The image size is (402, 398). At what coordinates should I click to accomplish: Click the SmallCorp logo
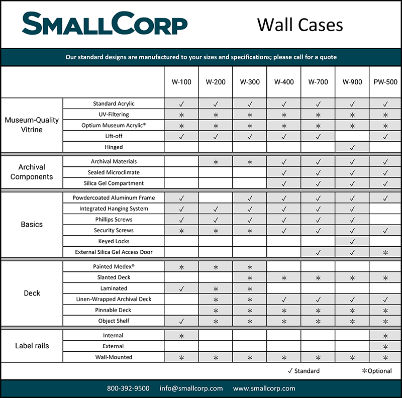105,24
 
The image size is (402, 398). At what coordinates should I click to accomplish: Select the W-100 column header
181,82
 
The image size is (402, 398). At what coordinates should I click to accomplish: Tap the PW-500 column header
385,82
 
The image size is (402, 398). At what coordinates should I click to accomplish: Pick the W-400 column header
284,82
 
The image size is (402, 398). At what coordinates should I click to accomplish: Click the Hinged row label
114,147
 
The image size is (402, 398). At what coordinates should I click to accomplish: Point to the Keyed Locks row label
114,241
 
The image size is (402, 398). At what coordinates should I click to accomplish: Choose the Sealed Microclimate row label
114,172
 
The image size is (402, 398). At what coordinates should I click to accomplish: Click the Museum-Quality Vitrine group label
32,125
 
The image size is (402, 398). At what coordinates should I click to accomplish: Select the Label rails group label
32,346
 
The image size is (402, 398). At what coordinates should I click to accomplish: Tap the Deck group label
32,293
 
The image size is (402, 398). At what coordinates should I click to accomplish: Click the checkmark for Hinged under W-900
352,147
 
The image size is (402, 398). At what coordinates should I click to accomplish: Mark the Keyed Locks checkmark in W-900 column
352,241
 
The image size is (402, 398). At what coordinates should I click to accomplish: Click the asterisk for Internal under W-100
181,335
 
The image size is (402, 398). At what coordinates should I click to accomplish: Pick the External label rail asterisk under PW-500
385,346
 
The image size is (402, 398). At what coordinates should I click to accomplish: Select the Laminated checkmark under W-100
181,288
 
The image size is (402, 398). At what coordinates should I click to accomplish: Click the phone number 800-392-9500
128,388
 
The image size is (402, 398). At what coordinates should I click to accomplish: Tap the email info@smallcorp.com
191,388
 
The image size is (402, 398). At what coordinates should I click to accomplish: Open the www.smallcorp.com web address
264,388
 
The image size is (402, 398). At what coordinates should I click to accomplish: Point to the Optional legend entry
376,371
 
